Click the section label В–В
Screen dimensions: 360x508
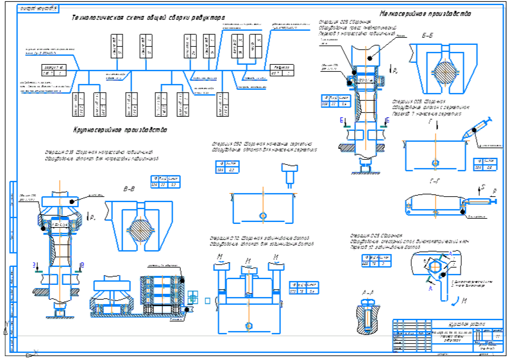[x=129, y=189]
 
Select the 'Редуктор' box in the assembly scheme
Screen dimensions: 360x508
[x=280, y=70]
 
